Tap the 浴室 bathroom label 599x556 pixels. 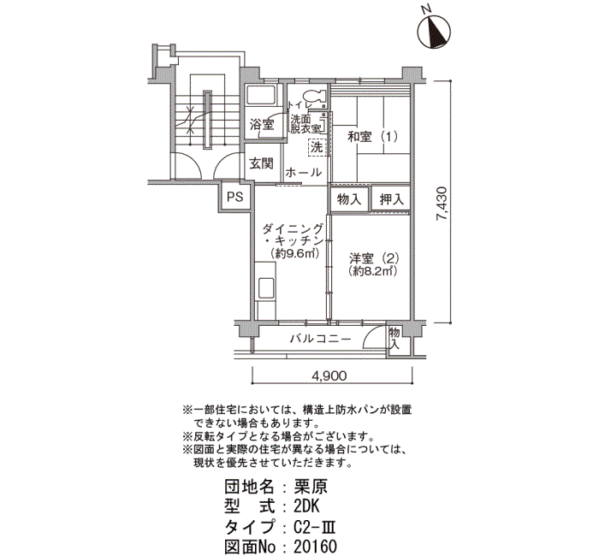pyautogui.click(x=262, y=124)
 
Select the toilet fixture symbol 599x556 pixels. pyautogui.click(x=314, y=96)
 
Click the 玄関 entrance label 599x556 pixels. pyautogui.click(x=262, y=163)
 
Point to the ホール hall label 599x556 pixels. pyautogui.click(x=304, y=173)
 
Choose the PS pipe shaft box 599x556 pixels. pyautogui.click(x=235, y=197)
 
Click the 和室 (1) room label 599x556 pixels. pyautogui.click(x=372, y=136)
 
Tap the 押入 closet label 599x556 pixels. pyautogui.click(x=391, y=199)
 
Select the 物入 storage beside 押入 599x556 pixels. pyautogui.click(x=349, y=199)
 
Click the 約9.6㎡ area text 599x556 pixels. pyautogui.click(x=294, y=253)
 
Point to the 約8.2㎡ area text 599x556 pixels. pyautogui.click(x=373, y=271)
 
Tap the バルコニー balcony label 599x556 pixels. pyautogui.click(x=320, y=339)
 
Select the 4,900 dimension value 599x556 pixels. pyautogui.click(x=329, y=376)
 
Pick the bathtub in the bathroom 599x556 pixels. pyautogui.click(x=262, y=95)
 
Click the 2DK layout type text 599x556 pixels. pyautogui.click(x=306, y=506)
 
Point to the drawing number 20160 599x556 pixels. pyautogui.click(x=315, y=547)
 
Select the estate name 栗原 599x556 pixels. pyautogui.click(x=310, y=487)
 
